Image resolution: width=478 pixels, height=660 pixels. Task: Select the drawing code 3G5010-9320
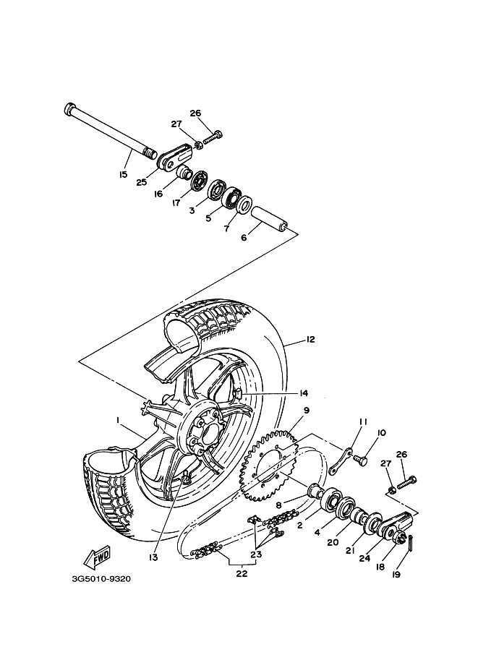(101, 578)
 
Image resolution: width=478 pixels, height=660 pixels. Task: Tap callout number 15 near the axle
(123, 174)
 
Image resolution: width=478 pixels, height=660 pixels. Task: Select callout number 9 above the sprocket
(306, 411)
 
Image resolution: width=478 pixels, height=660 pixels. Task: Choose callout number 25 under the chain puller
(142, 182)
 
